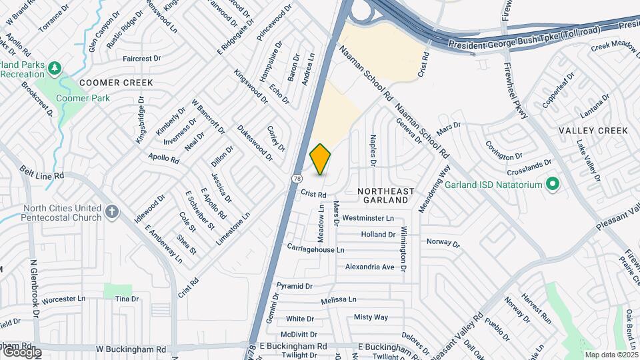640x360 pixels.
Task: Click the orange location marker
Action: pos(321,159)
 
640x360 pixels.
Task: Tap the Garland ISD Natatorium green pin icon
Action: pos(552,183)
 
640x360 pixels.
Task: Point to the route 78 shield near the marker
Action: pos(296,178)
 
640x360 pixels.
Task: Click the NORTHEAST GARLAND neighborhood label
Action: pos(386,195)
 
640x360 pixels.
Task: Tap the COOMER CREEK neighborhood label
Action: pos(116,83)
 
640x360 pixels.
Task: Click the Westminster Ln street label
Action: pos(368,218)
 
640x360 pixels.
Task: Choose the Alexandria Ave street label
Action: pos(369,267)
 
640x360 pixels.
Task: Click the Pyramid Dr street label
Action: pos(294,286)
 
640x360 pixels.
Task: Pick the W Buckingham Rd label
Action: pos(131,349)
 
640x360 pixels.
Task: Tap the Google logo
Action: pos(21,351)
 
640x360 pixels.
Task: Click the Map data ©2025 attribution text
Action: pos(610,355)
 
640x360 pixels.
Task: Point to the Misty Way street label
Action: pos(371,317)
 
